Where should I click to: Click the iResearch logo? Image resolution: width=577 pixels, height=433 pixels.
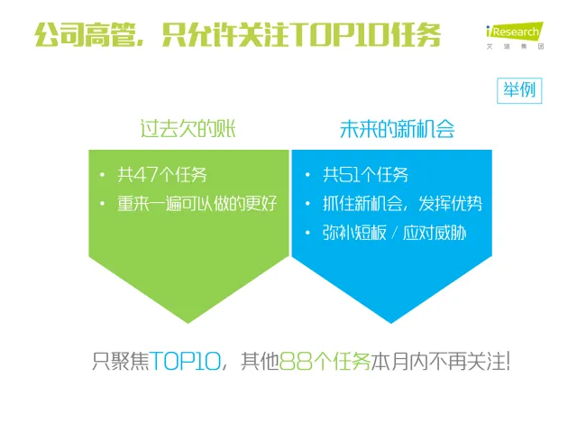[515, 35]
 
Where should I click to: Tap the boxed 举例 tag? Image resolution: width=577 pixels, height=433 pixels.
[519, 90]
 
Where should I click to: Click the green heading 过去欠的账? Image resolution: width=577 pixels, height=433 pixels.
[188, 129]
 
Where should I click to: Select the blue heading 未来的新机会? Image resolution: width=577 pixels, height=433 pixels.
[397, 129]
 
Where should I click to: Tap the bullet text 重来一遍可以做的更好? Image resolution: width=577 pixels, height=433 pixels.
[197, 204]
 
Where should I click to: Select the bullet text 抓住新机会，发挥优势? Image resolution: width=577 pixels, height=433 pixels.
[402, 204]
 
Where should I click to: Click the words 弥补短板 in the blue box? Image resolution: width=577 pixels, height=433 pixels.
[354, 233]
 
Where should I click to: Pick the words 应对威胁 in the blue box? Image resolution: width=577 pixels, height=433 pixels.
[435, 233]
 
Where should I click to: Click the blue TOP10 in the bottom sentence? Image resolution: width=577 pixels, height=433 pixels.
[185, 361]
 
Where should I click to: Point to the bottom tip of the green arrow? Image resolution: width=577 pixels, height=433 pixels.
[188, 323]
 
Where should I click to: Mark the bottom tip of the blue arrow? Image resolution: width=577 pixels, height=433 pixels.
[391, 323]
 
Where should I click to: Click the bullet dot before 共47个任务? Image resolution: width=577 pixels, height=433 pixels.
[102, 174]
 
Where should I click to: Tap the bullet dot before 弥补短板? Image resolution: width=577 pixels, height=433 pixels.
[307, 233]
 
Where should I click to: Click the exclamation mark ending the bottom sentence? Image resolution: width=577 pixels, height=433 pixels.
[508, 361]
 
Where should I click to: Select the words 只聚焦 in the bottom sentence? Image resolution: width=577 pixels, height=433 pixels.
[120, 361]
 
